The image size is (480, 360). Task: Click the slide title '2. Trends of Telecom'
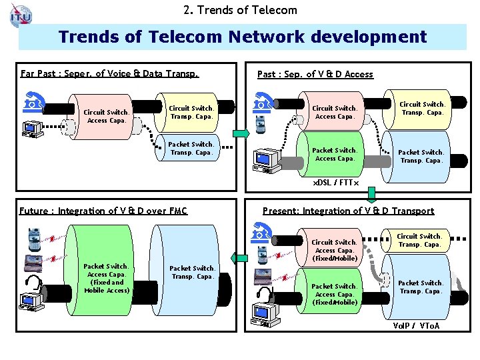click(240, 9)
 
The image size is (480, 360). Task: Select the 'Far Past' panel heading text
click(109, 73)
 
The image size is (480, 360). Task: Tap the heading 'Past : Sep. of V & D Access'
click(315, 74)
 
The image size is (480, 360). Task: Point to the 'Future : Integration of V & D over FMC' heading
click(103, 211)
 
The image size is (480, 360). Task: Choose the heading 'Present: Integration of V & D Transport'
click(348, 211)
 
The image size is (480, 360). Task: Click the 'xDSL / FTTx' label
click(336, 182)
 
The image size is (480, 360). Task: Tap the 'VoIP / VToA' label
click(416, 326)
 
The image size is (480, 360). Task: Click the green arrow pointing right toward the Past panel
click(243, 133)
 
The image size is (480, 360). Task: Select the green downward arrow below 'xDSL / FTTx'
click(371, 194)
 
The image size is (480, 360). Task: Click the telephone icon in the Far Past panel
click(32, 104)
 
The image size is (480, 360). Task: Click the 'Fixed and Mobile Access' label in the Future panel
click(107, 286)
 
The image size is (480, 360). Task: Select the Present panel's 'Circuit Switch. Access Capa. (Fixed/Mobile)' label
click(335, 250)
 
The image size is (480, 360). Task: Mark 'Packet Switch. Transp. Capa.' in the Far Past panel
click(191, 148)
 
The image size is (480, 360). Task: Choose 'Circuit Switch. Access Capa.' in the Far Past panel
click(107, 116)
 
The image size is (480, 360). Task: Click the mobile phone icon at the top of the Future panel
click(33, 236)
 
